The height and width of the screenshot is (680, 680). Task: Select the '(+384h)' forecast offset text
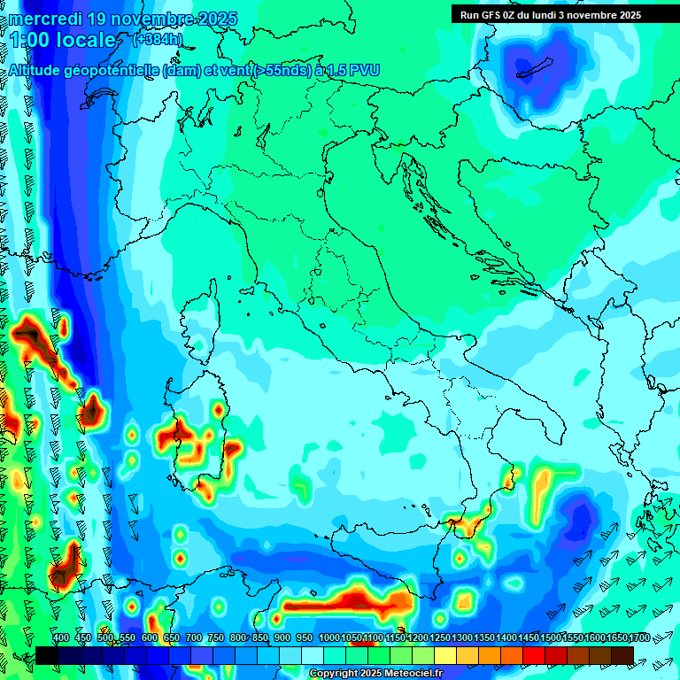coord(158,40)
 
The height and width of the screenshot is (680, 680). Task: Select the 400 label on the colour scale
coord(61,637)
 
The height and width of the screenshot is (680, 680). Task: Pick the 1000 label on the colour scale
coord(328,637)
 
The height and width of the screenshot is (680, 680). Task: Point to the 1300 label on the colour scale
coord(462,637)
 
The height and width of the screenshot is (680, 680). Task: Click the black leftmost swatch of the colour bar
coord(47,654)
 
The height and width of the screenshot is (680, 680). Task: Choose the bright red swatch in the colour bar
coord(534,654)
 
